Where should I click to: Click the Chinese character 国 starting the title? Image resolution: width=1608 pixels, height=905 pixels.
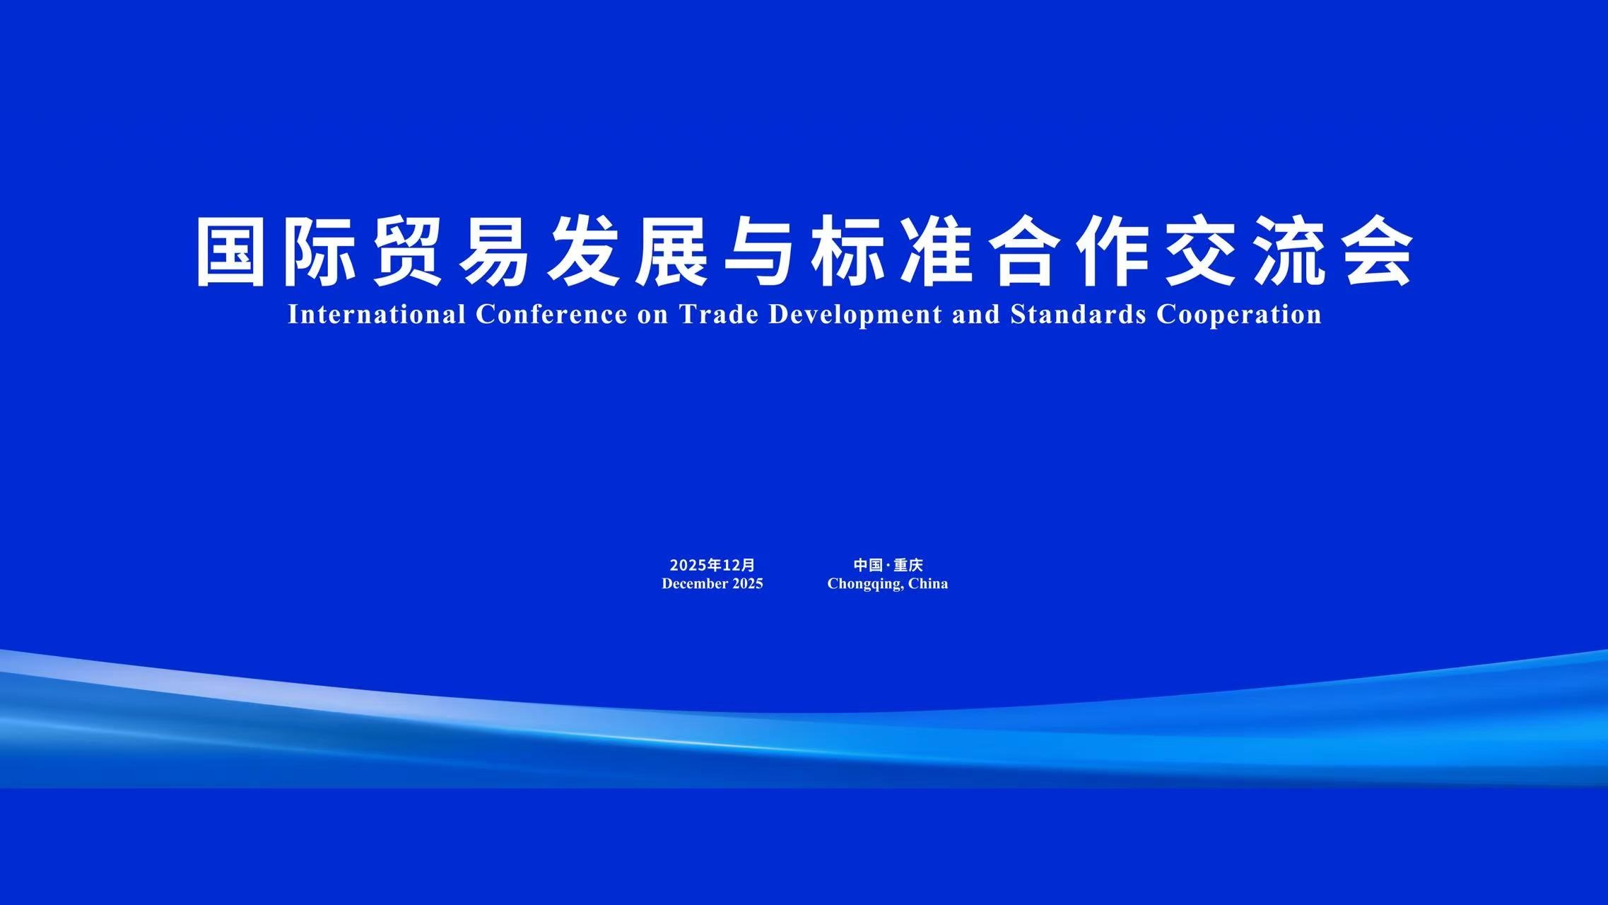pyautogui.click(x=230, y=252)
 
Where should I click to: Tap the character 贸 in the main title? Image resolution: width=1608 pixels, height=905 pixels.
pyautogui.click(x=406, y=252)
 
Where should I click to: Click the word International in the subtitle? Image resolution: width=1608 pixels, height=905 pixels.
pyautogui.click(x=377, y=315)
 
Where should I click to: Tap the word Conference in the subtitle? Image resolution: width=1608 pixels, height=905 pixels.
pyautogui.click(x=551, y=315)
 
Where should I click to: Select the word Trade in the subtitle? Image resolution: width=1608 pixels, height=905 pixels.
pyautogui.click(x=720, y=315)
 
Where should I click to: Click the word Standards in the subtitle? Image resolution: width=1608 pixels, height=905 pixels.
pyautogui.click(x=1079, y=315)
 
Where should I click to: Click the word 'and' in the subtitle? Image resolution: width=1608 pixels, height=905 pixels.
pyautogui.click(x=977, y=315)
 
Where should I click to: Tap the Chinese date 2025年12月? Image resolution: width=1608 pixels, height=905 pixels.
pyautogui.click(x=712, y=565)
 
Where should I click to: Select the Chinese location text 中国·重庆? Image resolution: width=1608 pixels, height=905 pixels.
pyautogui.click(x=888, y=565)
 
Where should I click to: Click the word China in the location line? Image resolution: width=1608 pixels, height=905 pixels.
pyautogui.click(x=928, y=583)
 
